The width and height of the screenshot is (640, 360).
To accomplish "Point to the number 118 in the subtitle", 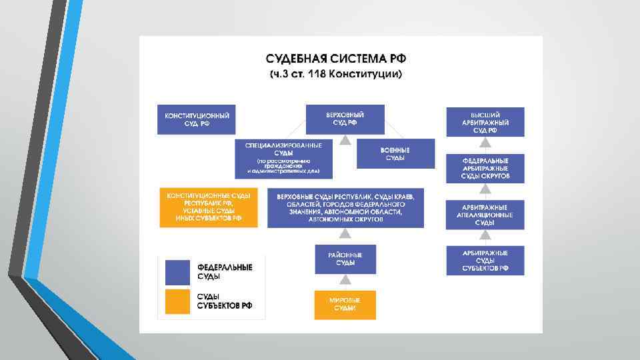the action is pyautogui.click(x=317, y=73).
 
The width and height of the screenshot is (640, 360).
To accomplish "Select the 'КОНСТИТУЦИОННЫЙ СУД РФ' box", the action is pyautogui.click(x=197, y=120).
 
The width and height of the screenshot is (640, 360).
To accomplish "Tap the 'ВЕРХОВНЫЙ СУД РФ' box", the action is pyautogui.click(x=345, y=119).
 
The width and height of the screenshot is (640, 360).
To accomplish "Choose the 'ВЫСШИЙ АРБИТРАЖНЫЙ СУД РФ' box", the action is pyautogui.click(x=485, y=122).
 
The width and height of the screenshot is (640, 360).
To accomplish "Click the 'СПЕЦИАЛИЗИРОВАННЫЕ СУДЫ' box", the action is pyautogui.click(x=283, y=158).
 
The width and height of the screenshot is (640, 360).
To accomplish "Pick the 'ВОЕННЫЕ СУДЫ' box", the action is pyautogui.click(x=395, y=153).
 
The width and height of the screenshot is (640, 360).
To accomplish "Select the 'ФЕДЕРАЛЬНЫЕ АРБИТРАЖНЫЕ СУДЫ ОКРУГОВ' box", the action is pyautogui.click(x=485, y=169).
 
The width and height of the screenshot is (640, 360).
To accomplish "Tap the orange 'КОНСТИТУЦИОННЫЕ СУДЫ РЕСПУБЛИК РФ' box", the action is pyautogui.click(x=209, y=208).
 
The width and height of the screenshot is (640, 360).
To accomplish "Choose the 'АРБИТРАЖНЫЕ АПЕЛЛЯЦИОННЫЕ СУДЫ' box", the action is pyautogui.click(x=485, y=215).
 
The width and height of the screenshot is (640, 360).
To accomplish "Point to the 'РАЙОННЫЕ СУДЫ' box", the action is pyautogui.click(x=345, y=259).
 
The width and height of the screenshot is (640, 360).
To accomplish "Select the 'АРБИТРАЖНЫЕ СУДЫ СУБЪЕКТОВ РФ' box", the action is pyautogui.click(x=485, y=260).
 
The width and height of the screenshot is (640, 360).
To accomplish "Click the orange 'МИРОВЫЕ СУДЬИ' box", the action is pyautogui.click(x=345, y=305).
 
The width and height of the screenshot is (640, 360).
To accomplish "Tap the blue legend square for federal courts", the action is pyautogui.click(x=177, y=272).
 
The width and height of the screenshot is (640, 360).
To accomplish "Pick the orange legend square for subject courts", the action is pyautogui.click(x=177, y=301).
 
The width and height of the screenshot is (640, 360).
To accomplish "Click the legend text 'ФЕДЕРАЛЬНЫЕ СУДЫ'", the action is pyautogui.click(x=225, y=271).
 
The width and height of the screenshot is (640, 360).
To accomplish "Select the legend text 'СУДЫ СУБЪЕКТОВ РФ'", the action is pyautogui.click(x=225, y=301).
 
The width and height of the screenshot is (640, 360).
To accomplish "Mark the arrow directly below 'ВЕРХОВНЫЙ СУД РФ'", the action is pyautogui.click(x=345, y=139).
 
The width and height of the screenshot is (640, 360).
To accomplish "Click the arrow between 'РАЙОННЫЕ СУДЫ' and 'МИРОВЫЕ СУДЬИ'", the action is pyautogui.click(x=345, y=281).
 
